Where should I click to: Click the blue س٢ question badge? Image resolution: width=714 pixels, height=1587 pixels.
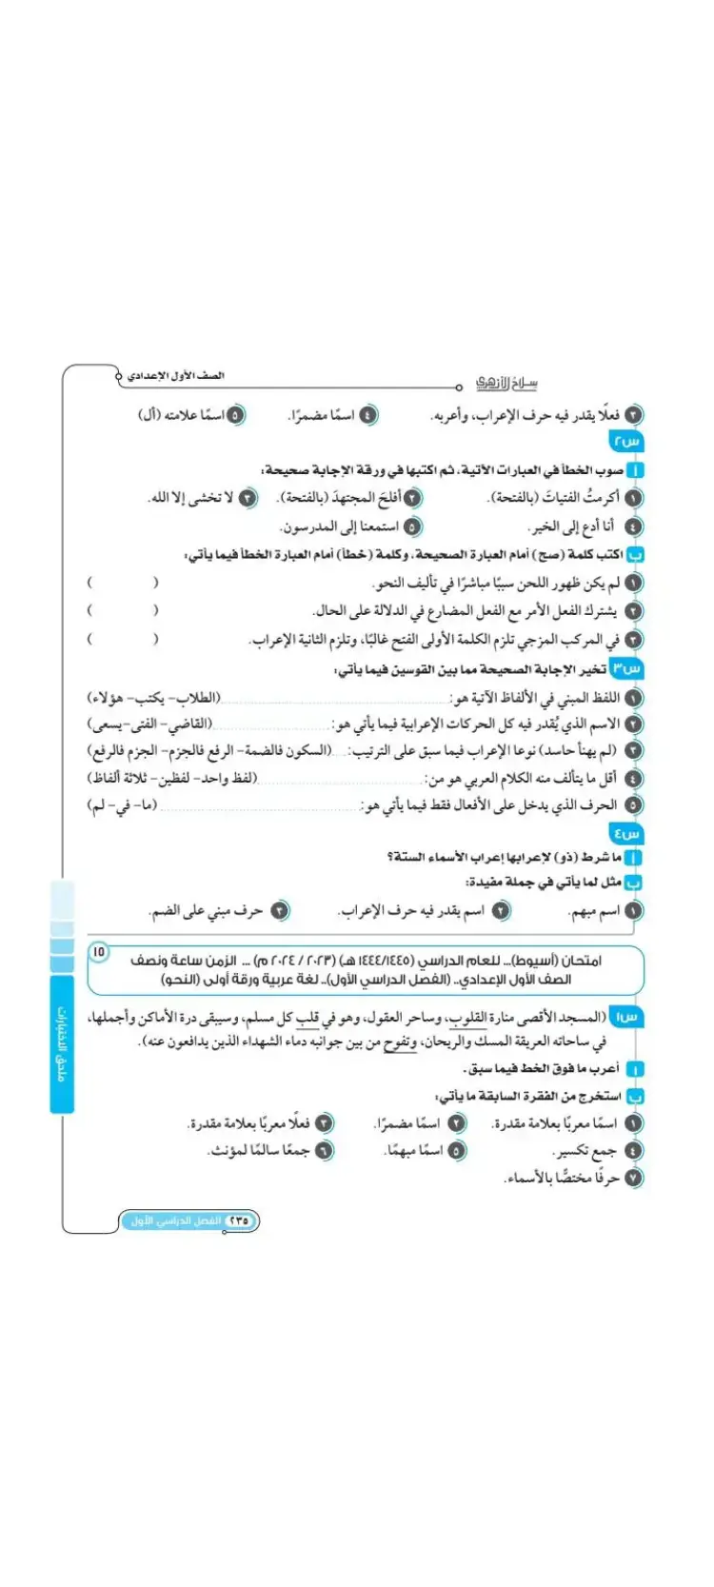627,442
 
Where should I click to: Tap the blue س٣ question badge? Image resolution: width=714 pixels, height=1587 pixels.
627,669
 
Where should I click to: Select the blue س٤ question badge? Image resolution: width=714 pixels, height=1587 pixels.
627,833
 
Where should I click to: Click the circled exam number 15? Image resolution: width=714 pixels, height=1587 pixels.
100,951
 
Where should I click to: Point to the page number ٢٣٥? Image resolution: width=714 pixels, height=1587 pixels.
237,1220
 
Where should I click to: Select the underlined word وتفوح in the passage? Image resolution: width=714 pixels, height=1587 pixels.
401,1042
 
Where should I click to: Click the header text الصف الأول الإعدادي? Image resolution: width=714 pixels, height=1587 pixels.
175,376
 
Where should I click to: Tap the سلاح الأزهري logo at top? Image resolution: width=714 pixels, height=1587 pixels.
506,383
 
